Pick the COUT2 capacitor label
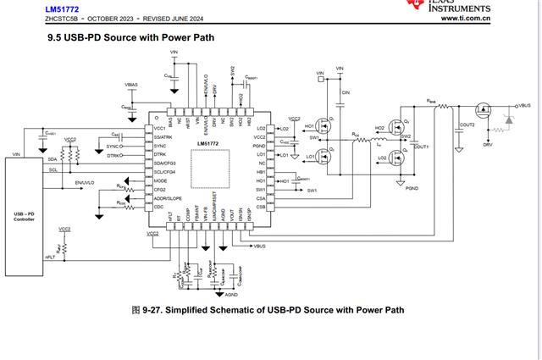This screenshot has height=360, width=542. [466, 125]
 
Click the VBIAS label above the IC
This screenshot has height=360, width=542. [130, 86]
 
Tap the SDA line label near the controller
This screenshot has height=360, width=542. [53, 158]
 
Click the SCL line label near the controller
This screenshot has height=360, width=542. [52, 169]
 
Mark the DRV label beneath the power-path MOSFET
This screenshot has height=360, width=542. [487, 145]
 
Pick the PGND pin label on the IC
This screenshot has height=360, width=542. [260, 147]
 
